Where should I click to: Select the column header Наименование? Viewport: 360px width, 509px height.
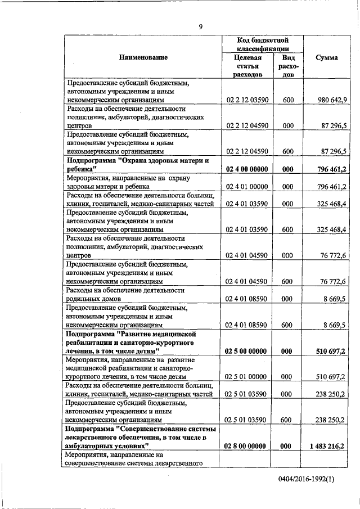(143, 58)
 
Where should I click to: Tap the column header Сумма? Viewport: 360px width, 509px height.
(326, 58)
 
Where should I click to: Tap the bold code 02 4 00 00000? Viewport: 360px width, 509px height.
(246, 168)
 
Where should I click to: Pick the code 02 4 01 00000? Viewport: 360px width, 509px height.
(246, 186)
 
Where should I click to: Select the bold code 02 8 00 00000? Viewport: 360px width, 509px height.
(246, 445)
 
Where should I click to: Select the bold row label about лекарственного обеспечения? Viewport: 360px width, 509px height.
(141, 437)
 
